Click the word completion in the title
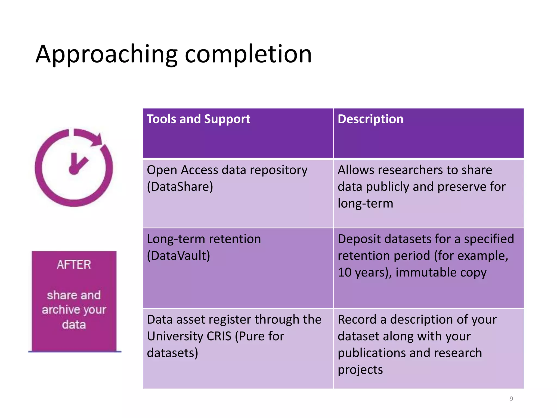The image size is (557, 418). (248, 54)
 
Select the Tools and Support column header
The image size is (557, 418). (198, 119)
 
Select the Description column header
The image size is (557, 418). (370, 119)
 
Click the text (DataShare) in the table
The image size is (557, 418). (180, 187)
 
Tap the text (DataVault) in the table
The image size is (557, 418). (178, 256)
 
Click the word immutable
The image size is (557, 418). (426, 273)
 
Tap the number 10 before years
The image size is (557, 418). (344, 273)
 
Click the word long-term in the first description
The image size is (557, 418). (365, 204)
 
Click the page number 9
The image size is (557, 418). (511, 399)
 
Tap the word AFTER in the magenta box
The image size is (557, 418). (74, 265)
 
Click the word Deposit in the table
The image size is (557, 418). (359, 239)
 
